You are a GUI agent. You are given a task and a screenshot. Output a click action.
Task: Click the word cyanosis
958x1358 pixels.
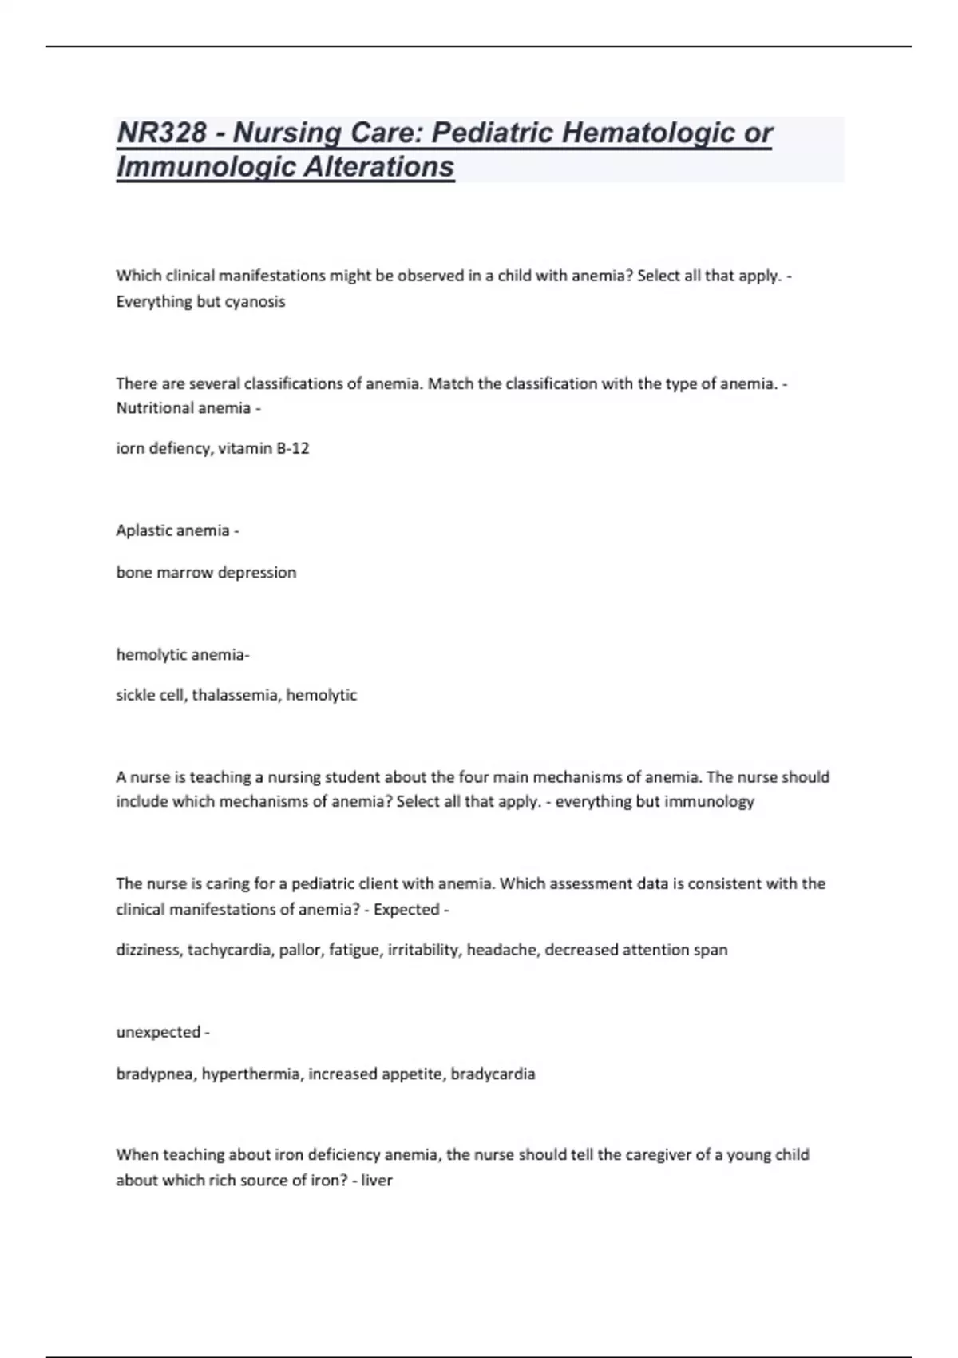click(255, 302)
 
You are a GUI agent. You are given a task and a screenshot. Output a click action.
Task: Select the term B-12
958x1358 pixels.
click(292, 448)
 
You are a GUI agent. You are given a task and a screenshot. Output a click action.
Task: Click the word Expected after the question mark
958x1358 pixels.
click(406, 909)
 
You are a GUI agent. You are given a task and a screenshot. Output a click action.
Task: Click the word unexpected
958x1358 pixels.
click(158, 1032)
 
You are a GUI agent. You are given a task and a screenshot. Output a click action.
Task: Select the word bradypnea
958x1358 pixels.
click(154, 1074)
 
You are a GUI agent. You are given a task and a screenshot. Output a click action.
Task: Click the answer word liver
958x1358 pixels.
click(377, 1180)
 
